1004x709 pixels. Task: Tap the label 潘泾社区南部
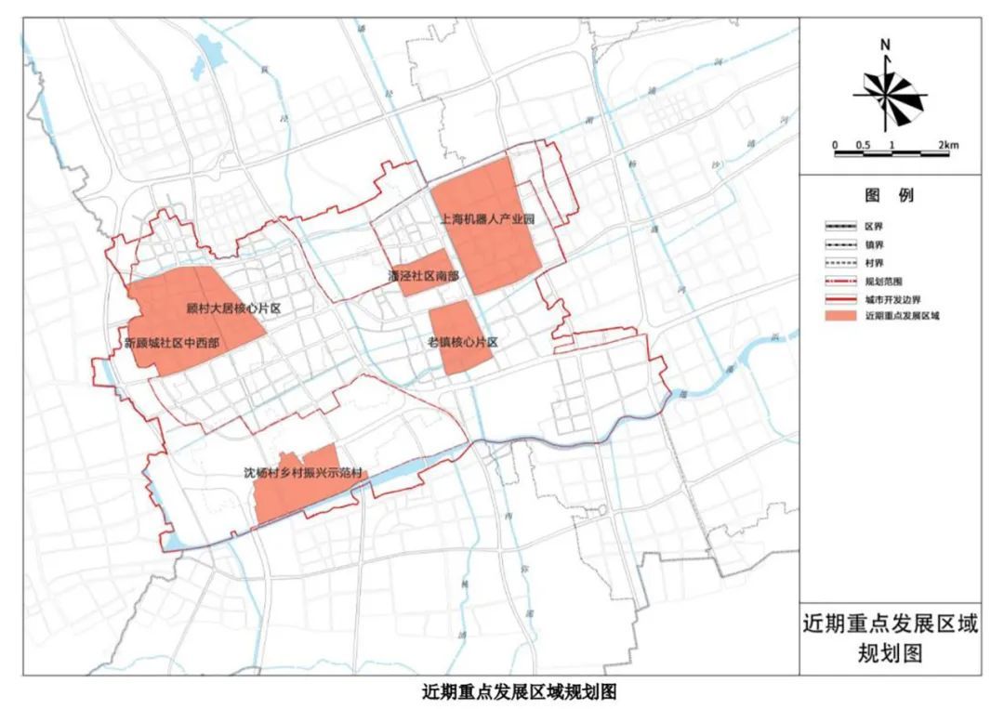click(x=423, y=276)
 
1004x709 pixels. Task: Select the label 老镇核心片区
click(x=464, y=343)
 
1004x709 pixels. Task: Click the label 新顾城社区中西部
click(x=172, y=343)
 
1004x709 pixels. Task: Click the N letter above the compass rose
click(x=887, y=45)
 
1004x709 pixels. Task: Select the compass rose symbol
click(x=890, y=92)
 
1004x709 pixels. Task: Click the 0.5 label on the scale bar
click(x=863, y=145)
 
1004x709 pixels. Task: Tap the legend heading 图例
click(x=889, y=196)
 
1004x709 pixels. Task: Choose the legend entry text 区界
click(x=875, y=226)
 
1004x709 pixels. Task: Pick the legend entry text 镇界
click(x=875, y=243)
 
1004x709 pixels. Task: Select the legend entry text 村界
click(x=875, y=262)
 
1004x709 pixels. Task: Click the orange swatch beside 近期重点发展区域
click(x=840, y=317)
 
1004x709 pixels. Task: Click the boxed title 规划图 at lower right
click(x=890, y=652)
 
